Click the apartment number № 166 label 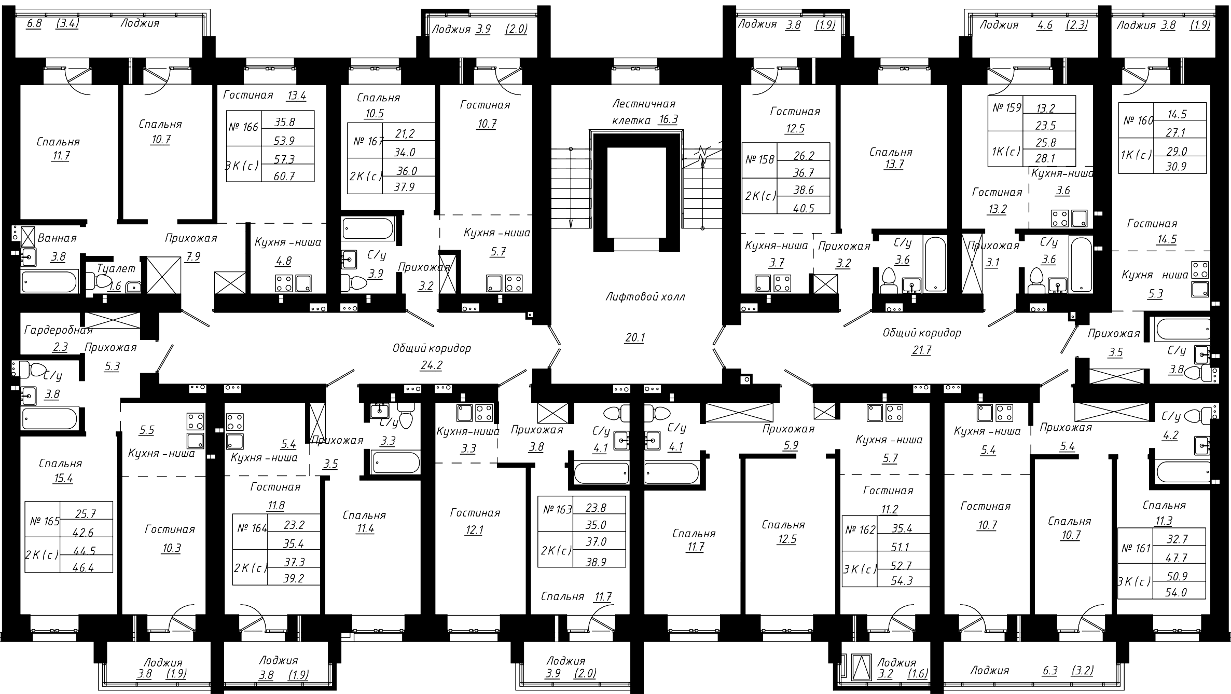(243, 127)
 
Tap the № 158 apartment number (759, 159)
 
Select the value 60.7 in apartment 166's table (285, 176)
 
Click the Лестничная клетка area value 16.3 (668, 119)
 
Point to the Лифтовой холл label (645, 297)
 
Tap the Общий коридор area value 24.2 (431, 365)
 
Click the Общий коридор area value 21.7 (921, 350)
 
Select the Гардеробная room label (59, 330)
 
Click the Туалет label (116, 268)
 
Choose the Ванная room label (57, 238)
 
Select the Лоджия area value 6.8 (34, 23)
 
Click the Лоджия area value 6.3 (1049, 671)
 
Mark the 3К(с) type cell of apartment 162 (860, 569)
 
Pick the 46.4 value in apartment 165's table (84, 567)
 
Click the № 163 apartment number (557, 510)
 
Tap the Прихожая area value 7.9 (192, 256)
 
